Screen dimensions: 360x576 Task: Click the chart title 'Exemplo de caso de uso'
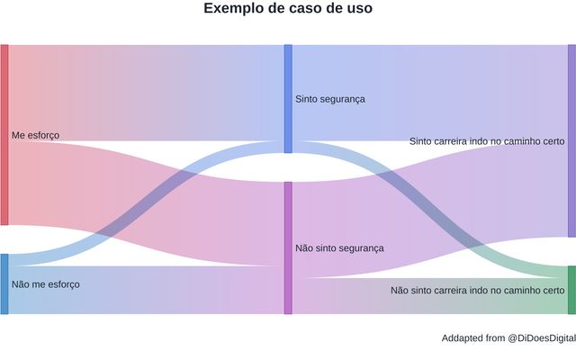pos(288,9)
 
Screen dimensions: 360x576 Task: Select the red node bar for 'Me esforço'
pos(4,135)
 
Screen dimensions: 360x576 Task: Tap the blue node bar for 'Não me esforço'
pos(4,284)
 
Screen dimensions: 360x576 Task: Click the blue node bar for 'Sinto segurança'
pos(288,98)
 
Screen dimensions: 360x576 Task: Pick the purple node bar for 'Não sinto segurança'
pos(288,247)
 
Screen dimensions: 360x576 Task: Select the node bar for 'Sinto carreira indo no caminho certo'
pos(571,140)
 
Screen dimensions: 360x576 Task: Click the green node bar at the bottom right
pos(571,290)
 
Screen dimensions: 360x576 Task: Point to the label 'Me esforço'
pos(35,135)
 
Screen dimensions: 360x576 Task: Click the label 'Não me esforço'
pos(46,284)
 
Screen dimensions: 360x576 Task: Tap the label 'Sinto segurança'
pos(330,98)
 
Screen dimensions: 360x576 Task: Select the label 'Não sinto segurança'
pos(339,247)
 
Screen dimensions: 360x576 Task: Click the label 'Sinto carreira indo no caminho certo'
pos(487,141)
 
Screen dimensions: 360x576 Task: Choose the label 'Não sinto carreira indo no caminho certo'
pos(478,291)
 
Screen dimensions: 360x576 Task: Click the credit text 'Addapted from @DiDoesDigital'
pos(508,338)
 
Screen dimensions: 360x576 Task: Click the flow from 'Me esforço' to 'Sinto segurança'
pos(144,90)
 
